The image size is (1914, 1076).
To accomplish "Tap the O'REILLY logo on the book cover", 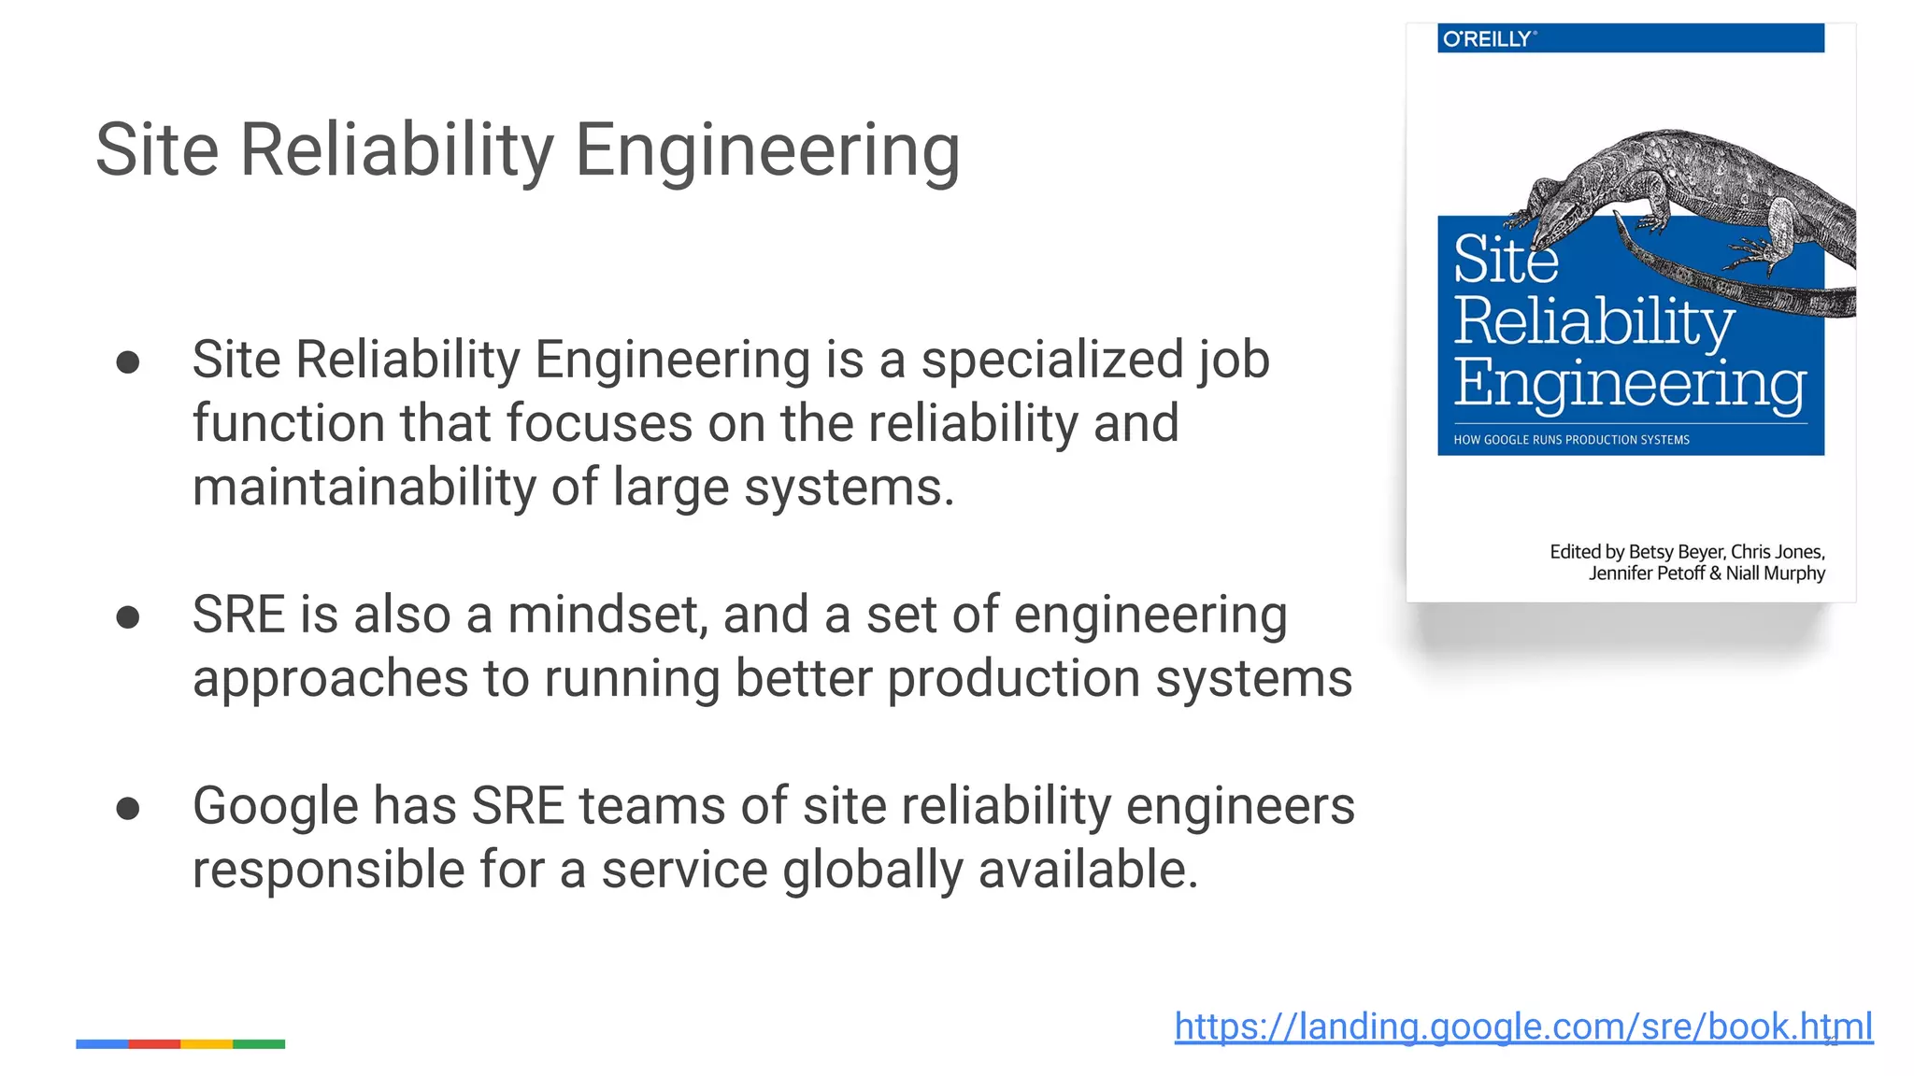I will [1488, 39].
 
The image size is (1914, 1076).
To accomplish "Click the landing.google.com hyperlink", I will [1523, 1026].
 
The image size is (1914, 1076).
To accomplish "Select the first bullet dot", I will [128, 362].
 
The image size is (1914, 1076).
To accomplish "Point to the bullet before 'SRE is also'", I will [128, 617].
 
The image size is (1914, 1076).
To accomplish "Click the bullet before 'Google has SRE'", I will [128, 809].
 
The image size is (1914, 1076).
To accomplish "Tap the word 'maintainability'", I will [364, 488].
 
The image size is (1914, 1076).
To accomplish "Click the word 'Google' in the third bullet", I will [275, 807].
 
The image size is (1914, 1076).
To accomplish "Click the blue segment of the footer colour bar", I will [102, 1044].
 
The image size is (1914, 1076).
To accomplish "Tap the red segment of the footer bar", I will [154, 1044].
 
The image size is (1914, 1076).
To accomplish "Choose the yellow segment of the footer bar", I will [207, 1044].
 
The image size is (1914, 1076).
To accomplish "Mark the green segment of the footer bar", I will [259, 1044].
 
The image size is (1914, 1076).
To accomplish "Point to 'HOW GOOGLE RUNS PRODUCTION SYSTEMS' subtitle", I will [1571, 440].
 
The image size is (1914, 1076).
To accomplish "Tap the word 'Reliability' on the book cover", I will [1593, 322].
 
